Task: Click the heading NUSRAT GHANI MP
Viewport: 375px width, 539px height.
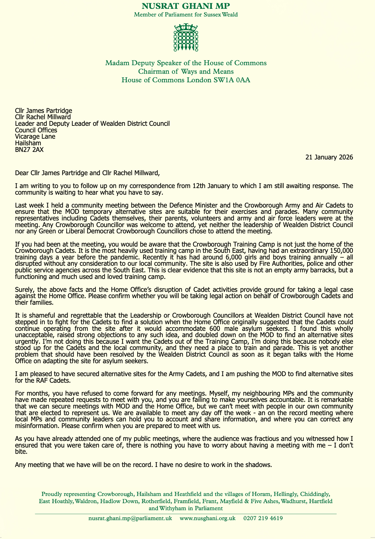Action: (x=186, y=6)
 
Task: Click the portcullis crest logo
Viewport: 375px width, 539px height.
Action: (x=186, y=37)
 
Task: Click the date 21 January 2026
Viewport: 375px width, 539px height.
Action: (x=329, y=157)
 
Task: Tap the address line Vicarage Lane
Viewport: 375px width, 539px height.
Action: (x=35, y=136)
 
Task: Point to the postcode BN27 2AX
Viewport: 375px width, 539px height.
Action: (x=29, y=150)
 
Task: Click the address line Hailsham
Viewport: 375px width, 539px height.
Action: (x=28, y=143)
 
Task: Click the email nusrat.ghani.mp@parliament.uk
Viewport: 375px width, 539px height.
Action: (x=130, y=518)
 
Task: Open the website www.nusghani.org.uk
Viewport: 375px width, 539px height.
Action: (x=207, y=518)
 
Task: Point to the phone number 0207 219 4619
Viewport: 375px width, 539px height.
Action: (x=263, y=518)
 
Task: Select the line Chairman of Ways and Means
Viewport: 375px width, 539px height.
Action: (x=186, y=71)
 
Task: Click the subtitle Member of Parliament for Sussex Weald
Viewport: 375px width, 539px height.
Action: (x=186, y=14)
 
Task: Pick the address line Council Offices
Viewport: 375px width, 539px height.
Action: (x=36, y=130)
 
